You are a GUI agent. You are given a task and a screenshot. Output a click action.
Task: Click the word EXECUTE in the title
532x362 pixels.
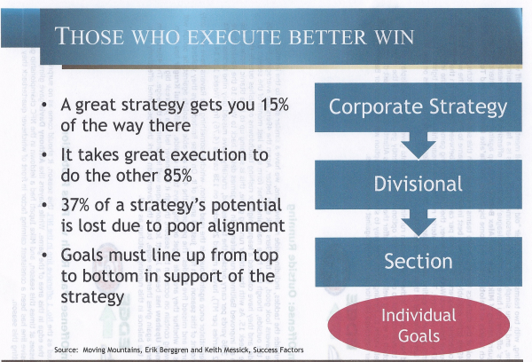[x=234, y=36]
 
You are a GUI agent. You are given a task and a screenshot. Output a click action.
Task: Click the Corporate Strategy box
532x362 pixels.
[x=418, y=107]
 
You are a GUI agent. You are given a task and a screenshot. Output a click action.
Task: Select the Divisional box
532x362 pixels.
[x=418, y=185]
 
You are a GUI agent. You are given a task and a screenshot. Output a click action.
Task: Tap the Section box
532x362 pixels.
[x=418, y=262]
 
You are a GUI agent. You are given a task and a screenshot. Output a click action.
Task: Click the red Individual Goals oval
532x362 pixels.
[x=419, y=325]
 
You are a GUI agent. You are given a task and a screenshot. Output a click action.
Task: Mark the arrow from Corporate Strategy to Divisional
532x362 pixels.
[x=418, y=146]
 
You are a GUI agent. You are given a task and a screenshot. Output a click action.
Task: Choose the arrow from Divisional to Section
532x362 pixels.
[x=418, y=223]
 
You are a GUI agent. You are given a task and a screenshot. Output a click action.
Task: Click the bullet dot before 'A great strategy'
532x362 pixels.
[x=44, y=106]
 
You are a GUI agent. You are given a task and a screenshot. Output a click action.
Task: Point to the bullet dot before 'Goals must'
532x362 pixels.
[x=44, y=256]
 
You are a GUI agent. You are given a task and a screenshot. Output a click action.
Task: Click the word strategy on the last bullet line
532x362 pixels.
[x=92, y=297]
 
